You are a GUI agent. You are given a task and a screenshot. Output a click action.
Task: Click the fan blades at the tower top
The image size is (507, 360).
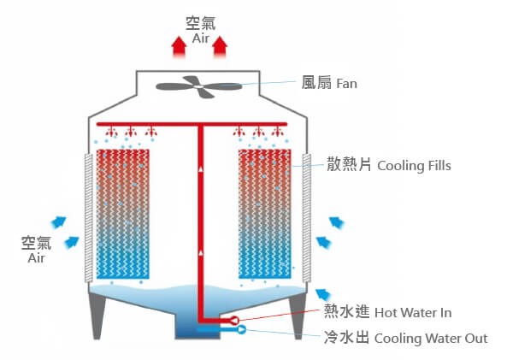(199, 86)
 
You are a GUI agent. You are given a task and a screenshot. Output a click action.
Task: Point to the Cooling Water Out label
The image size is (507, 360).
(431, 339)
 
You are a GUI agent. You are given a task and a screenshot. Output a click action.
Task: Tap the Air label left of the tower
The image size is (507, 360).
(36, 257)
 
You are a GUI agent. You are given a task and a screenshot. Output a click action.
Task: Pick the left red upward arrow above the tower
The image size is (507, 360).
(178, 46)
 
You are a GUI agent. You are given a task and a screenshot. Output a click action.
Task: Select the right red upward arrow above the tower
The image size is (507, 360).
(220, 46)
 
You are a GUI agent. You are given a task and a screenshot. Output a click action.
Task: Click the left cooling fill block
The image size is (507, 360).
(124, 214)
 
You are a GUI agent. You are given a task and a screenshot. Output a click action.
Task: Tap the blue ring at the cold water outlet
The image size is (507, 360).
(240, 329)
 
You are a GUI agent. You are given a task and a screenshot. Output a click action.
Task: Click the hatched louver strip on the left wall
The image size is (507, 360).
(87, 217)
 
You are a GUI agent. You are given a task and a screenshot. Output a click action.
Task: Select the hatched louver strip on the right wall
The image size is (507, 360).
(305, 217)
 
